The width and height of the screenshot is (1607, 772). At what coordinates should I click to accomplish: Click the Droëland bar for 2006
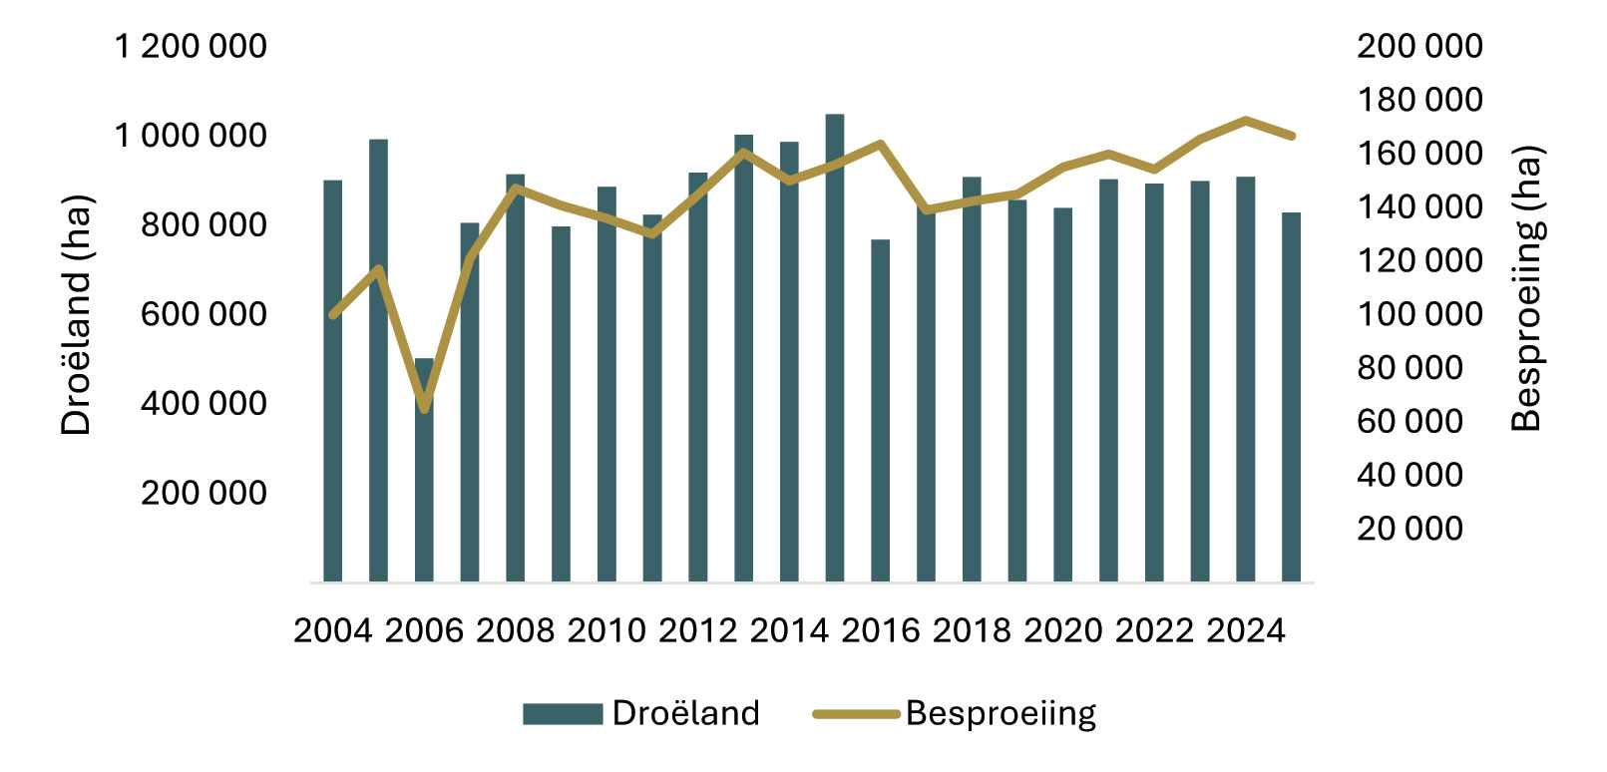click(x=424, y=469)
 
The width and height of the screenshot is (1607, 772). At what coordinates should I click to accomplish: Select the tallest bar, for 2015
click(x=835, y=349)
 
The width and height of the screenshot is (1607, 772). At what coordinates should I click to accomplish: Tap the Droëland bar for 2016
click(x=880, y=409)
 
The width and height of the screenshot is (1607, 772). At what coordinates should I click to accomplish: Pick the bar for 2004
click(x=333, y=379)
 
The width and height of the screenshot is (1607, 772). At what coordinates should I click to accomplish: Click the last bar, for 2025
click(x=1291, y=399)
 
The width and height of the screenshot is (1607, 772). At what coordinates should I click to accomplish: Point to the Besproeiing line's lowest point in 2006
click(x=424, y=408)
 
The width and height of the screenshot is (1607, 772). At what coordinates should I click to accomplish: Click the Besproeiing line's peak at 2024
click(x=1245, y=120)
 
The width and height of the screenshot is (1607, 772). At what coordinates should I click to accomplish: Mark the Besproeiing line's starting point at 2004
click(x=333, y=315)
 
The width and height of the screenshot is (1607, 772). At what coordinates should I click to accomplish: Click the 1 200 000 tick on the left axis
click(x=191, y=46)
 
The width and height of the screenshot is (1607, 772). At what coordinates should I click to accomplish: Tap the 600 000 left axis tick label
click(x=203, y=314)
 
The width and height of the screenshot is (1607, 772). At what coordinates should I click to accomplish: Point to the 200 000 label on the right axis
click(x=1419, y=46)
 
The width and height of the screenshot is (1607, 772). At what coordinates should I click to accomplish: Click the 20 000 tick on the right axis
click(x=1409, y=529)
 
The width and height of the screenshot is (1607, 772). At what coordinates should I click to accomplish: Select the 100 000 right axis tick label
click(x=1419, y=314)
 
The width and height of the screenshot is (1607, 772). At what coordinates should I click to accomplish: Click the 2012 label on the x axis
click(x=698, y=631)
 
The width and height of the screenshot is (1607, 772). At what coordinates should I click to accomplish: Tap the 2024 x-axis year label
click(x=1246, y=631)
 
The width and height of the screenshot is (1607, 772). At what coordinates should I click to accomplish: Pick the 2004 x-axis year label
click(x=333, y=631)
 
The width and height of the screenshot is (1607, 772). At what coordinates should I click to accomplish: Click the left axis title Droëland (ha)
click(x=76, y=314)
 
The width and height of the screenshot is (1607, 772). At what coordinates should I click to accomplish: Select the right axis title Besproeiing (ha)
click(x=1526, y=289)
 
